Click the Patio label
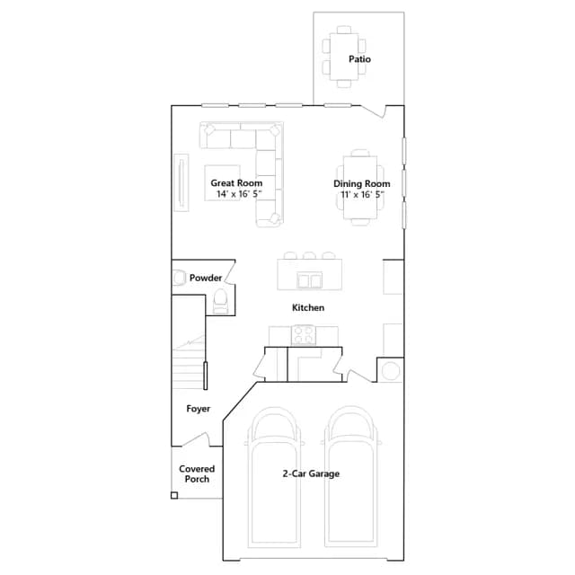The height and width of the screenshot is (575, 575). (359, 59)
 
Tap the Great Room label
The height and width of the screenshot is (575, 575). (236, 183)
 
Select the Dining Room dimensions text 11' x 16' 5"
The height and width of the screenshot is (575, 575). (362, 194)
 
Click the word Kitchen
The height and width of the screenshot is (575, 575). (308, 307)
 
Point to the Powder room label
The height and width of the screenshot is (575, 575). (206, 278)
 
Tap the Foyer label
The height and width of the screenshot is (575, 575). (198, 409)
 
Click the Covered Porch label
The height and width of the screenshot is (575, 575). (197, 473)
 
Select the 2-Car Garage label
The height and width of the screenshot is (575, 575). (311, 473)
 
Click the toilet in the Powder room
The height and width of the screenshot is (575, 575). (220, 302)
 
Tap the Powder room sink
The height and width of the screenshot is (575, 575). (179, 278)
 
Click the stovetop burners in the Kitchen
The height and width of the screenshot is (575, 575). (304, 335)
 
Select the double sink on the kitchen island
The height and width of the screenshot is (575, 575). (309, 281)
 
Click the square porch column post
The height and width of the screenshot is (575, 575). (174, 495)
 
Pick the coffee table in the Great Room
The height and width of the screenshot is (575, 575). (222, 182)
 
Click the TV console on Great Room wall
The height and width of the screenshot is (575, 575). (181, 182)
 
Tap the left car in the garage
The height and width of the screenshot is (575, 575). (274, 477)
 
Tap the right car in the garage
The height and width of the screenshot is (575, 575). (351, 477)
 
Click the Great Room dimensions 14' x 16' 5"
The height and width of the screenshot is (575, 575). (239, 194)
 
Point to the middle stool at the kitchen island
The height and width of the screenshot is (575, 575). (309, 255)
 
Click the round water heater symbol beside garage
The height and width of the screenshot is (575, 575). (390, 370)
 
